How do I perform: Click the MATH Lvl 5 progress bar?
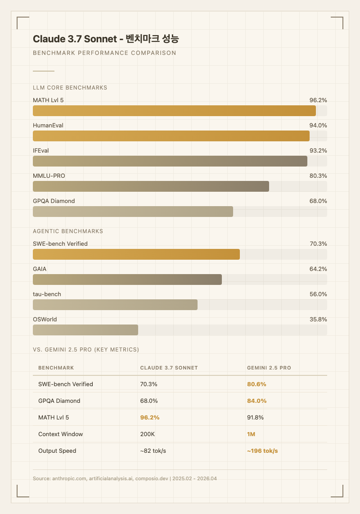pos(175,111)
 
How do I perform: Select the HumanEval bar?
pos(171,136)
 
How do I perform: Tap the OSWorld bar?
pos(85,330)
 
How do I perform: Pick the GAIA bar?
pos(127,280)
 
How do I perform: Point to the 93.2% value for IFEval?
pos(318,150)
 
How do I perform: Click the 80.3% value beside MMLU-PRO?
pos(318,176)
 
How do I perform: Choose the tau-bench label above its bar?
pos(47,294)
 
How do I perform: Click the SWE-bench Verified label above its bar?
pos(60,243)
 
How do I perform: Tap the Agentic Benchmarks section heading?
pos(68,231)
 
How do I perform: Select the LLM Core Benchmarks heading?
pos(70,88)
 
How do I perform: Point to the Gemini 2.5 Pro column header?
pos(269,368)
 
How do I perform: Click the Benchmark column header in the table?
pos(56,368)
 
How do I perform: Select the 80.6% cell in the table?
pos(257,384)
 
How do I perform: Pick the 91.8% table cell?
pos(256,417)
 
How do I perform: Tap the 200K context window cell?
pos(148,434)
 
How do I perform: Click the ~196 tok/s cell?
pos(262,451)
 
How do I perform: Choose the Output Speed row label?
pos(57,451)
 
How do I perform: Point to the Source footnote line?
pos(125,478)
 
